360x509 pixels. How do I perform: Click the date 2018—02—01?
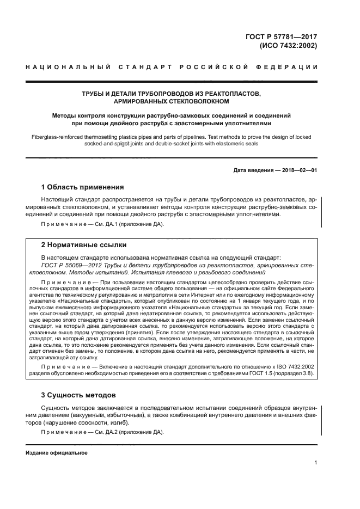[x=297, y=170]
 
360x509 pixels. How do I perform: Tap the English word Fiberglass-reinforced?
[x=57, y=137]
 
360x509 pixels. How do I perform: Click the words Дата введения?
[x=254, y=170]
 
